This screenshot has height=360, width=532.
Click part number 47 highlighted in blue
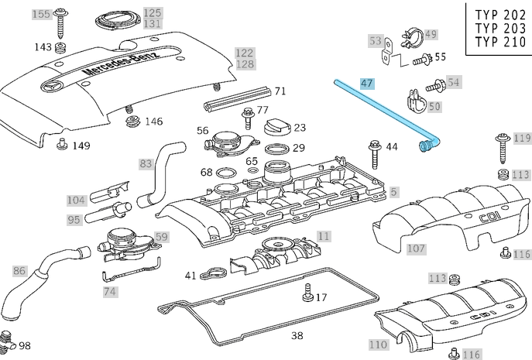[367, 82]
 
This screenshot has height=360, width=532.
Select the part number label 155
[40, 14]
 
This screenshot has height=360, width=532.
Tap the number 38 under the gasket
[297, 336]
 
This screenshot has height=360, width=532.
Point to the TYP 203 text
[499, 28]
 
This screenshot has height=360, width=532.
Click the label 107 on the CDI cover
[417, 249]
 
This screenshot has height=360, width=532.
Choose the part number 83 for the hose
[146, 163]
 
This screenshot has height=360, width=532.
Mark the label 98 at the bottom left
[24, 345]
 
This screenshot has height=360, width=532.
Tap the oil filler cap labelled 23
[276, 126]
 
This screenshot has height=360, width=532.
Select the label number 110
[324, 235]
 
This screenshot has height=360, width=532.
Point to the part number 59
[161, 237]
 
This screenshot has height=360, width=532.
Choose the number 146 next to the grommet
[154, 122]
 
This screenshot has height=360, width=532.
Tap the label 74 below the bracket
[111, 292]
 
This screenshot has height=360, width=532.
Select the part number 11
[324, 235]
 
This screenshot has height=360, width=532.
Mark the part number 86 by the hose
[19, 271]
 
